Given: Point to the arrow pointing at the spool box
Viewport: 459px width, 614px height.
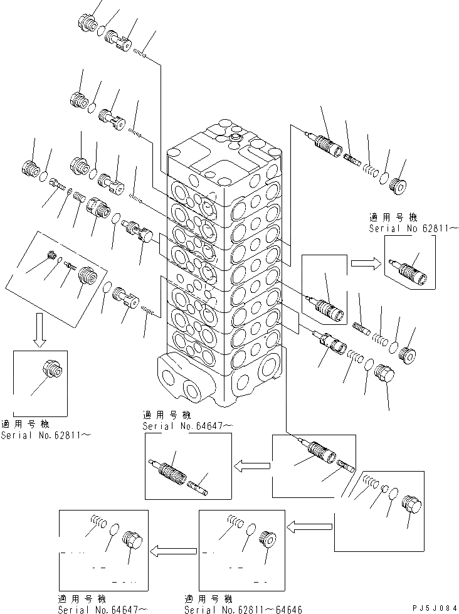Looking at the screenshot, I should pos(251,465).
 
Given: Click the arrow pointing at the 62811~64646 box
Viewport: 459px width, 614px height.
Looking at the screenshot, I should pos(309,523).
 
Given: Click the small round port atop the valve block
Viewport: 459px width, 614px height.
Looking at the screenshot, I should pos(236,137).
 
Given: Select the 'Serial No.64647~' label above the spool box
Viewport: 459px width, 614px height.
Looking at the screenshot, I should pos(188,426).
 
